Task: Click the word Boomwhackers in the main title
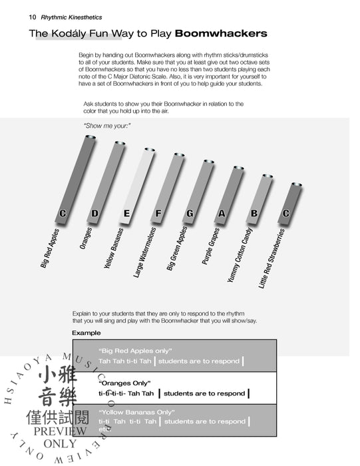[x=221, y=33]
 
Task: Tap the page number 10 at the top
[x=33, y=17]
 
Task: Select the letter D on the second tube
[x=94, y=214]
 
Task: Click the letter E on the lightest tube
[x=127, y=214]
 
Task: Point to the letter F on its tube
[x=158, y=214]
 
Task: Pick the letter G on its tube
[x=190, y=214]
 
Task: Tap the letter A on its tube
[x=222, y=214]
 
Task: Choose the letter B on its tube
[x=254, y=214]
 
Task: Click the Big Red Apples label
[x=50, y=248]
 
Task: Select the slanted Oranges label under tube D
[x=86, y=238]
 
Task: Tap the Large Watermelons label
[x=144, y=252]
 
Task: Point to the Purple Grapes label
[x=210, y=246]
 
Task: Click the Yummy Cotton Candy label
[x=240, y=255]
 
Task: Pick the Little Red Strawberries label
[x=271, y=258]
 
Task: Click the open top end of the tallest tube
[x=90, y=137]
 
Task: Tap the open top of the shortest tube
[x=296, y=184]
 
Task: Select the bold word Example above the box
[x=86, y=333]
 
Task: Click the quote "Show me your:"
[x=107, y=126]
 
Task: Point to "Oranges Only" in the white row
[x=124, y=383]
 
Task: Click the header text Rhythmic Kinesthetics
[x=71, y=17]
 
